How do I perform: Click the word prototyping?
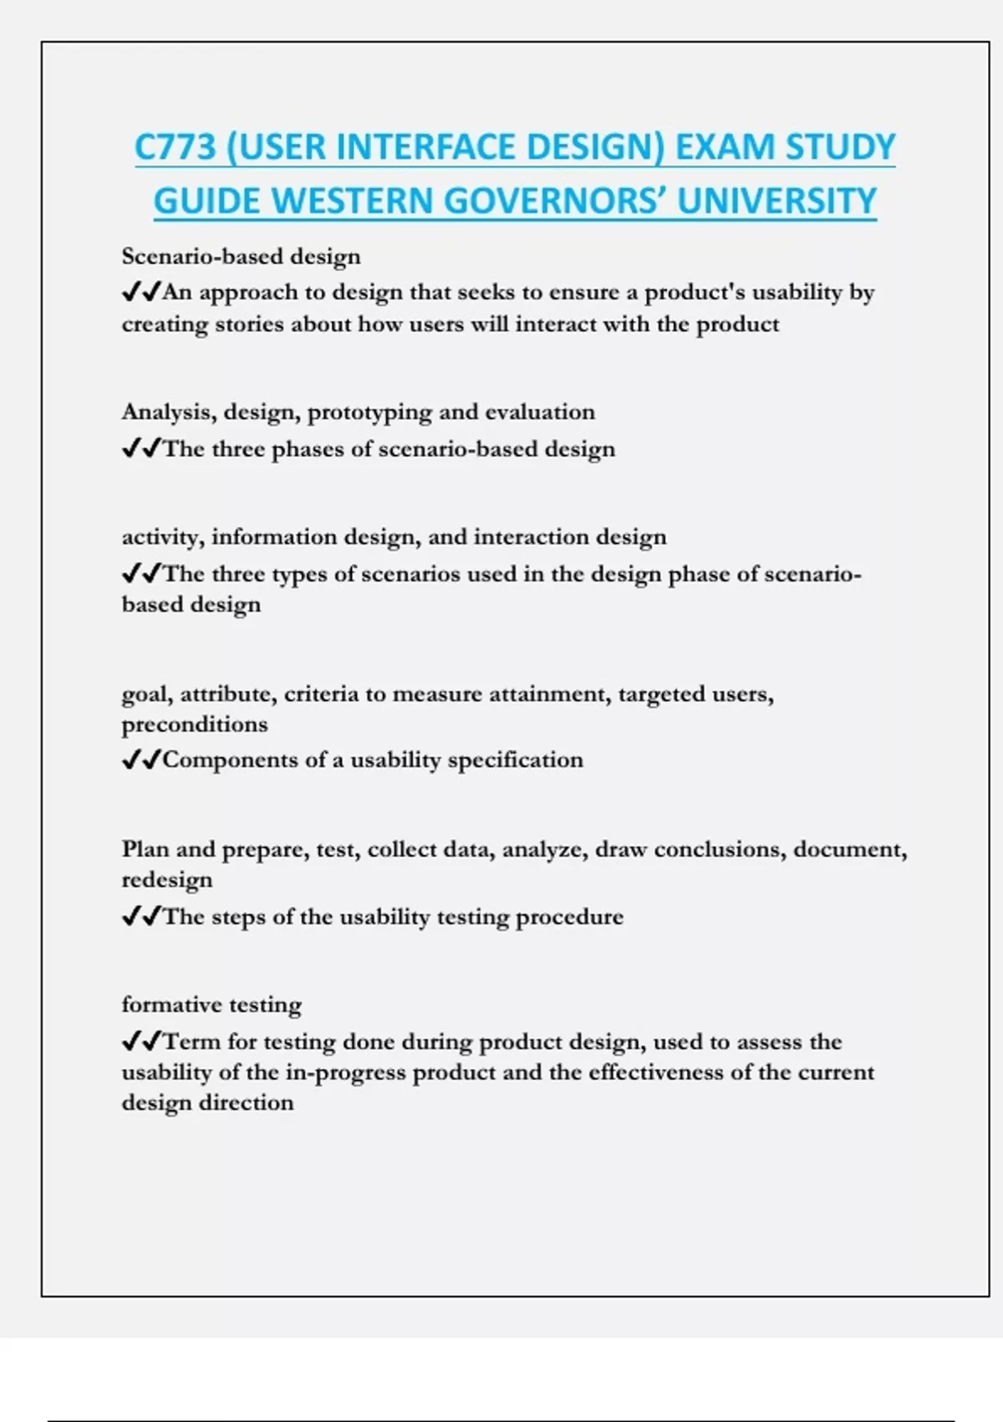tap(369, 412)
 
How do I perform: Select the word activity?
tap(162, 537)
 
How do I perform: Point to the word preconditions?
tap(195, 724)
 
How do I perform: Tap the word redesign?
tap(167, 880)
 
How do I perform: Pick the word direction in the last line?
tap(254, 1102)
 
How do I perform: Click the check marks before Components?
tap(141, 760)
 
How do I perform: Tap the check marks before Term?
tap(141, 1041)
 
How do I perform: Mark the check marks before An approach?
tap(141, 292)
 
